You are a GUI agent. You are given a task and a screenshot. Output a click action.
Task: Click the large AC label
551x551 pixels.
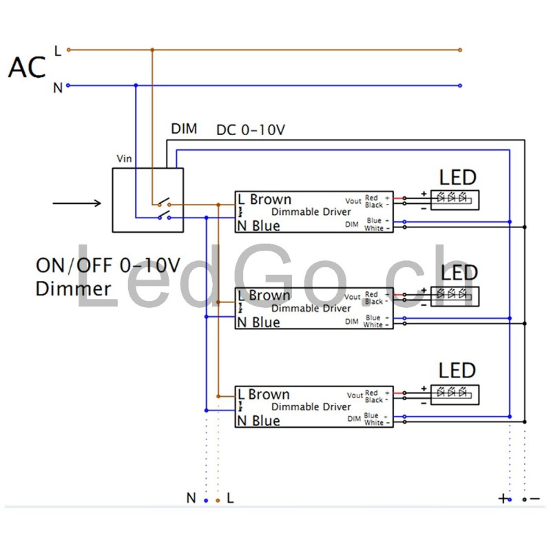tap(27, 67)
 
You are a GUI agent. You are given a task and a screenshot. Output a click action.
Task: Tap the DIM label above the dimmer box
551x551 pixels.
tap(184, 129)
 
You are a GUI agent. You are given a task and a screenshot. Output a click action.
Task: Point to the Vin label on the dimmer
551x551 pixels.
tap(124, 158)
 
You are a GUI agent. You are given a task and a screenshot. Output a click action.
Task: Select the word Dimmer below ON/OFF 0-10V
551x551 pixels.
tap(73, 288)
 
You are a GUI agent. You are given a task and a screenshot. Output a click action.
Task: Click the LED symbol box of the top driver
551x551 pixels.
tap(455, 200)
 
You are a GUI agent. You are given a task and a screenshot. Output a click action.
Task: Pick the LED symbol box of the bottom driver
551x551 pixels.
tap(455, 394)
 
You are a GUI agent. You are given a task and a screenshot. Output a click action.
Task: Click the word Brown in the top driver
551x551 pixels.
tap(271, 199)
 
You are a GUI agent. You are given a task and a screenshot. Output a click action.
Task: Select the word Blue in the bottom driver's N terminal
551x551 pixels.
tap(266, 421)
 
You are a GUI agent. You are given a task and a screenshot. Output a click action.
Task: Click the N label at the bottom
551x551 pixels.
tap(191, 498)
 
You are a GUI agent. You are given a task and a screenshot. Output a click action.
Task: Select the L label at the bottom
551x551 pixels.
tap(230, 498)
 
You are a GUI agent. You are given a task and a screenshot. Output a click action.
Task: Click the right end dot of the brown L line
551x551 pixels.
tap(460, 50)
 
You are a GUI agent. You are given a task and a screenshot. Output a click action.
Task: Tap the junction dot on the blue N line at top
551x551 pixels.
tap(136, 85)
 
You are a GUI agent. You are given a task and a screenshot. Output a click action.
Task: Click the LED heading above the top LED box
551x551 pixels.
tap(458, 177)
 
